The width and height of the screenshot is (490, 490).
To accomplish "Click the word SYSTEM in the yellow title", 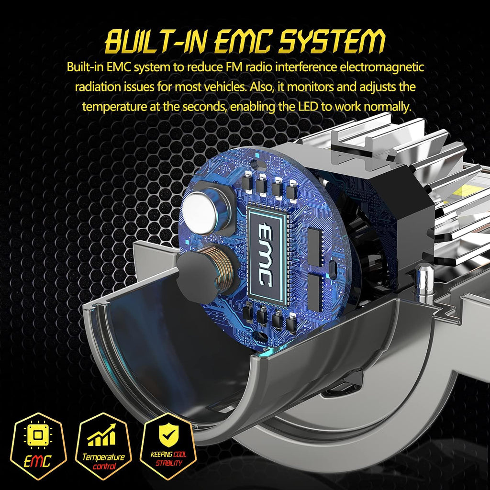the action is pos(332,41).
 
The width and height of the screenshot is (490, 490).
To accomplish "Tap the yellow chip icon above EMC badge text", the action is pos(38,435).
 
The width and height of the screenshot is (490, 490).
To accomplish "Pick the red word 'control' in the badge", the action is pos(104,467).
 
